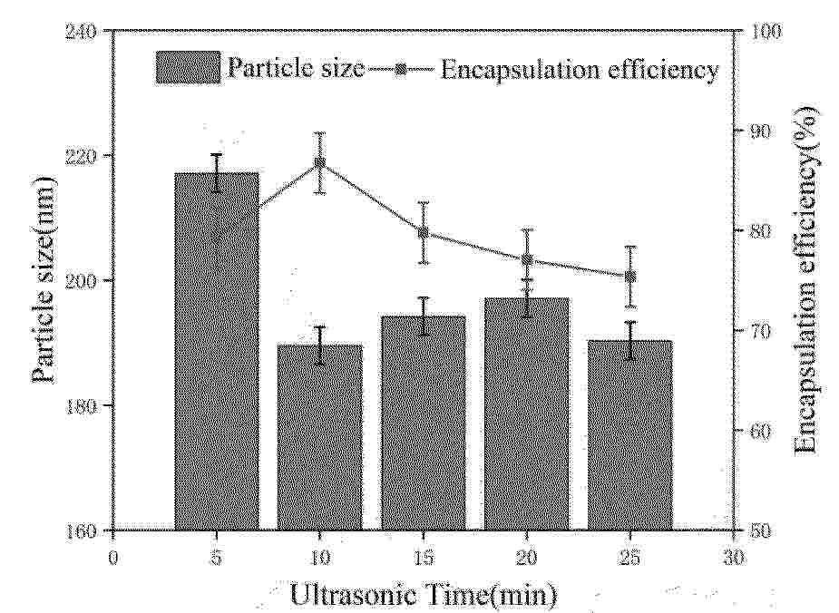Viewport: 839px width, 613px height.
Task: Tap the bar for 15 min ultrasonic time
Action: click(423, 423)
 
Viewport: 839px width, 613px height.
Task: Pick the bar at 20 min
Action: click(526, 414)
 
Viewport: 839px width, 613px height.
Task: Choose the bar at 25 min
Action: click(629, 435)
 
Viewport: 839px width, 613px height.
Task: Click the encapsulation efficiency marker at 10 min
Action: click(319, 163)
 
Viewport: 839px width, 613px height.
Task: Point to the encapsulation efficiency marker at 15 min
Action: click(423, 232)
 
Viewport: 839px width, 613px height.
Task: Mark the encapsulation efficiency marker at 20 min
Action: click(526, 260)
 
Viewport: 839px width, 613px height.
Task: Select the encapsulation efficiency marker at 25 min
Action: click(629, 277)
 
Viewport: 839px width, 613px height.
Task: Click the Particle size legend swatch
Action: click(188, 68)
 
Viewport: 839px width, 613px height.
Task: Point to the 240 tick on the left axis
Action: click(88, 31)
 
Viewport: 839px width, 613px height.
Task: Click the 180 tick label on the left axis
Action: click(88, 405)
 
